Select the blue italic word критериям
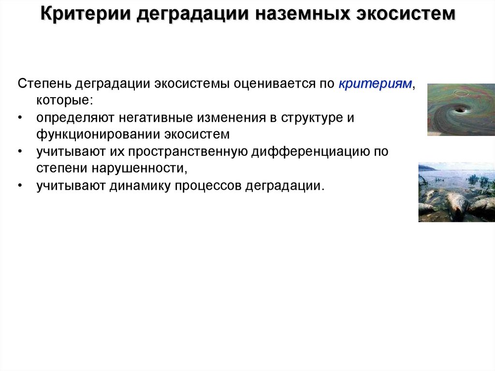point(375,84)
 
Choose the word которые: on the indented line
point(63,101)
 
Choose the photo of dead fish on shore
point(456,193)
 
